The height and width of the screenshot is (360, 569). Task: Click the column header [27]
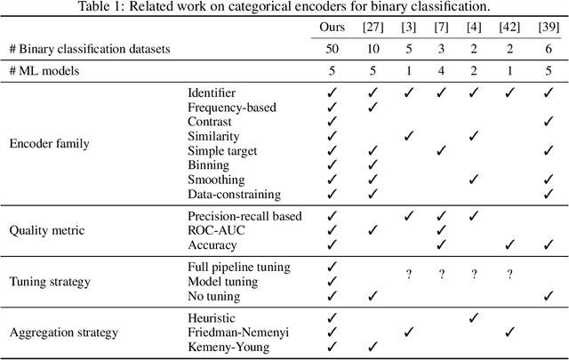(x=373, y=28)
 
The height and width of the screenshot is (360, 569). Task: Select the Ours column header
(x=333, y=28)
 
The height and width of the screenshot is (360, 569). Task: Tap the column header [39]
(x=548, y=28)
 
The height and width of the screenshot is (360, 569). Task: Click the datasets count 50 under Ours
(x=333, y=48)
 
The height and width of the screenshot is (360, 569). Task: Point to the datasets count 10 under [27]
(x=373, y=48)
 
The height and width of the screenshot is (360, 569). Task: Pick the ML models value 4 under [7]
(x=440, y=70)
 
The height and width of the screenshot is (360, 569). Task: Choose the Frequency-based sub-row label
(x=231, y=107)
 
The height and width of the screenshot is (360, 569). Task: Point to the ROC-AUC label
(x=215, y=230)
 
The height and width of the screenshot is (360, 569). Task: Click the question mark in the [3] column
(x=408, y=276)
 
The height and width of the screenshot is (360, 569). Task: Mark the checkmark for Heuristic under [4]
(x=474, y=317)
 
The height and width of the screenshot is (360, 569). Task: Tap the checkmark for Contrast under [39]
(x=548, y=121)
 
